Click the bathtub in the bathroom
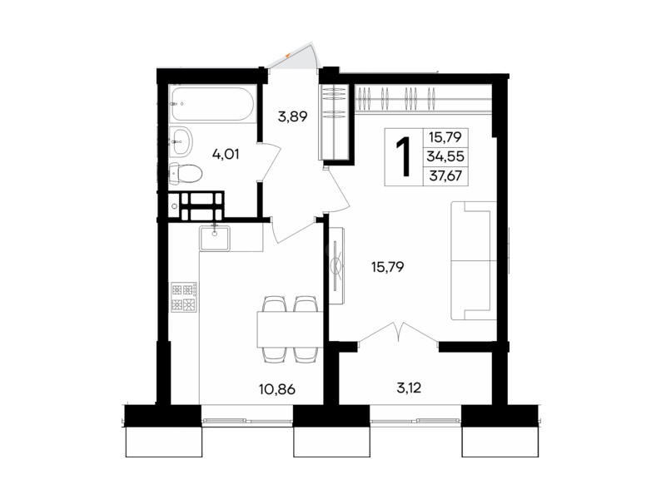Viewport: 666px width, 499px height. [x=212, y=105]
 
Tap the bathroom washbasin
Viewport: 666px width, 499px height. [x=181, y=141]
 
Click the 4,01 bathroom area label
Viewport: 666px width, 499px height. [x=226, y=154]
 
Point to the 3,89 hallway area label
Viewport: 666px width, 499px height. [x=292, y=116]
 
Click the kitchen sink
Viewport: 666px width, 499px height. [x=215, y=238]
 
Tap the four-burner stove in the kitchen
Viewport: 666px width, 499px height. [x=184, y=298]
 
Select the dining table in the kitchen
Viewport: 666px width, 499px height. [x=290, y=329]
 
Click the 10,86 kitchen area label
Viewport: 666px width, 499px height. [x=277, y=389]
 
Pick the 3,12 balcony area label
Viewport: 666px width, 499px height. [x=409, y=388]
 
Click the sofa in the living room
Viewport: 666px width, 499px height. [x=474, y=260]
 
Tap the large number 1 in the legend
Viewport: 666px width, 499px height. [x=404, y=157]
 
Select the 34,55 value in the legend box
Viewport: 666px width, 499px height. [x=445, y=156]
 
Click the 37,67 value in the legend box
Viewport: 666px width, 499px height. [x=445, y=175]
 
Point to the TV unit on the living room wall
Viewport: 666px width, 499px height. [x=338, y=266]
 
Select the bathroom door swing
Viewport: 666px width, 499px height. [x=270, y=162]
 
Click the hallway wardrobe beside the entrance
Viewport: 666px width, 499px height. [x=335, y=121]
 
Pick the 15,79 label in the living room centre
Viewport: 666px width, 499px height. [x=387, y=267]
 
